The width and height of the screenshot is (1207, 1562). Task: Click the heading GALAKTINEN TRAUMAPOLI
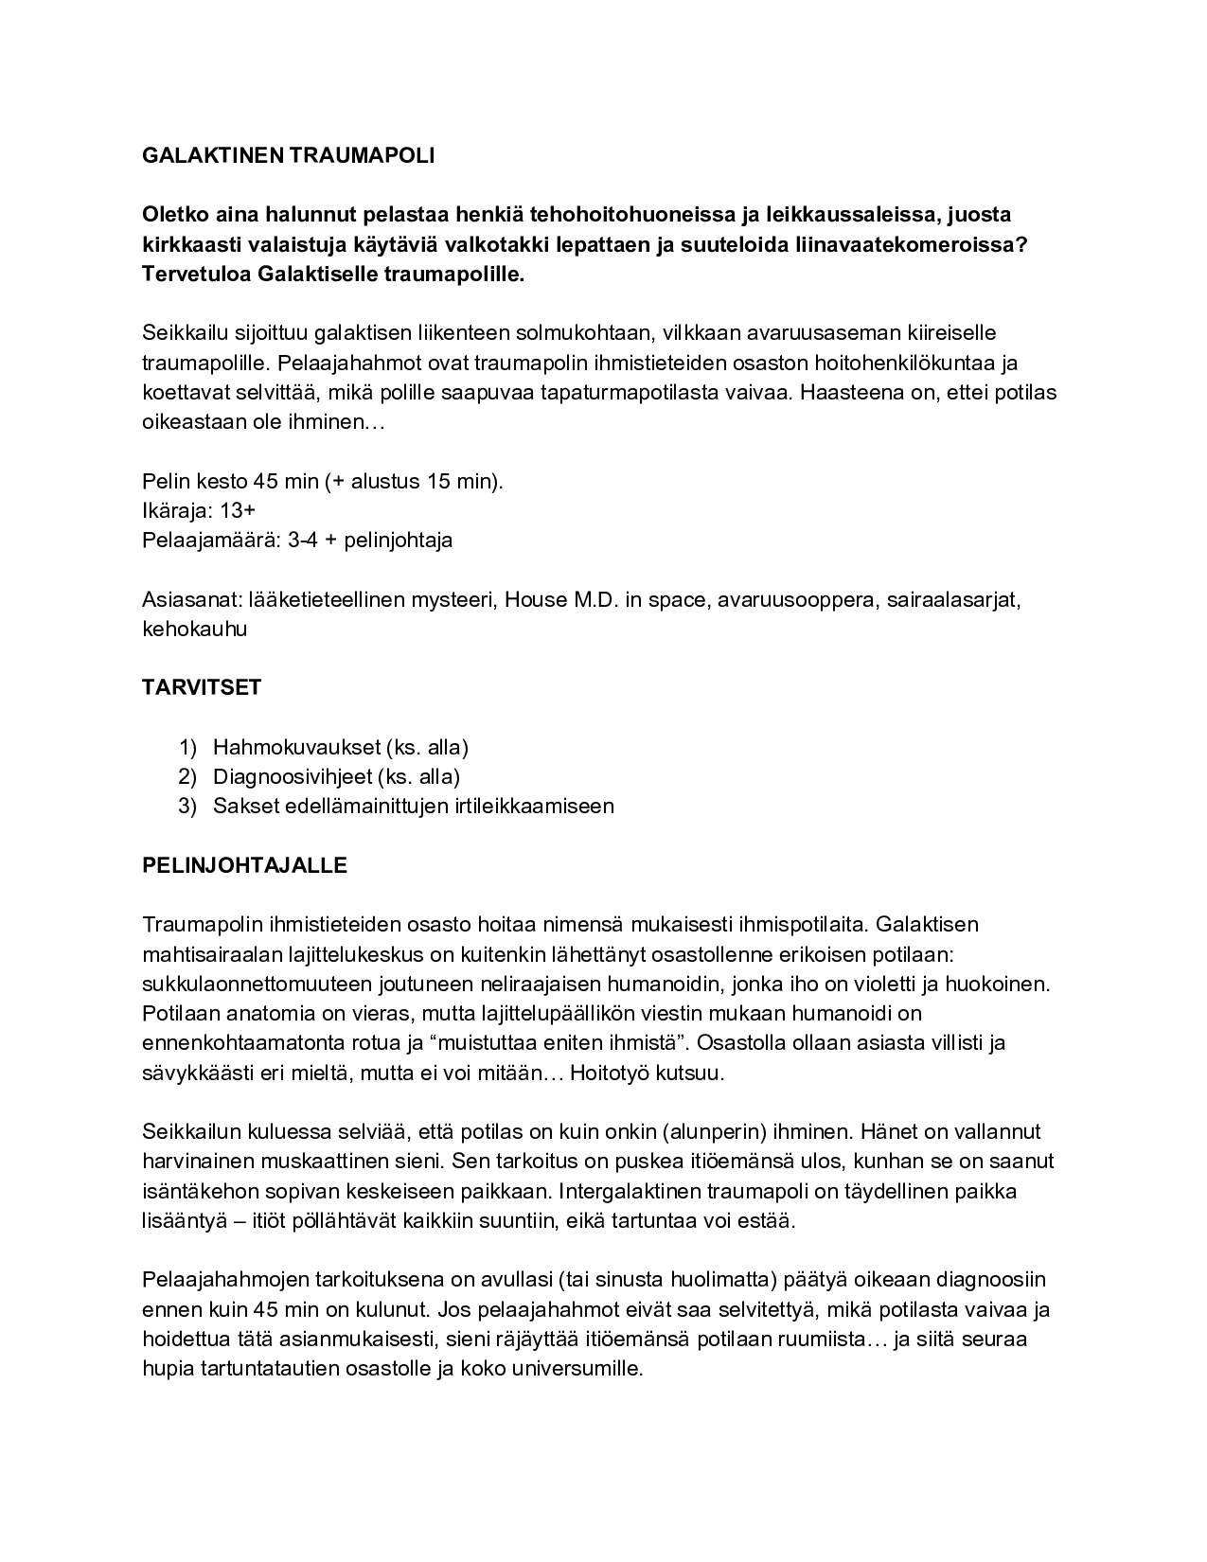coord(288,156)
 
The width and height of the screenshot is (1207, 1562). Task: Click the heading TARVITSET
coord(201,688)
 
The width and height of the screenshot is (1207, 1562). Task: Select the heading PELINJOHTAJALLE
coord(244,865)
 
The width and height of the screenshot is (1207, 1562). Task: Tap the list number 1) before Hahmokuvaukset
coord(187,747)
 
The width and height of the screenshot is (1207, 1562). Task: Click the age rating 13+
coord(237,511)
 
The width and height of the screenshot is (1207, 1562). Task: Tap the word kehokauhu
coord(194,630)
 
